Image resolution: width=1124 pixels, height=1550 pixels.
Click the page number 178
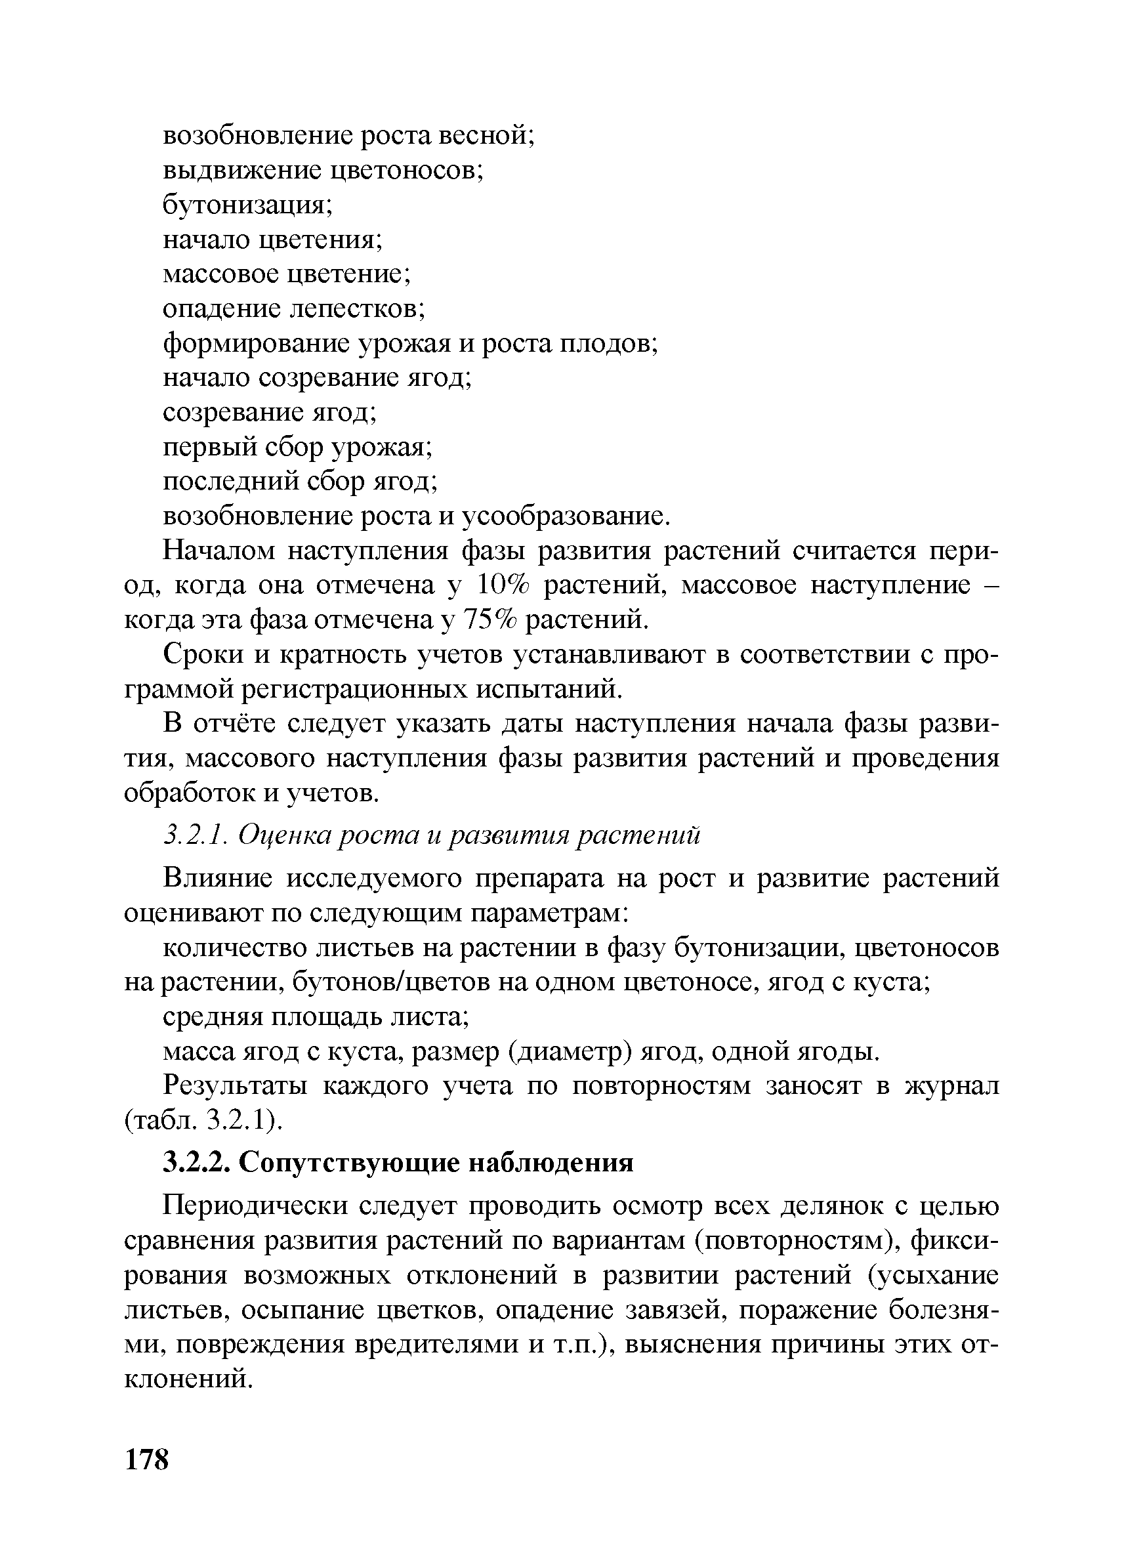click(146, 1457)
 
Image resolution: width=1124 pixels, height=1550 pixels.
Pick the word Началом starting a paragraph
click(219, 551)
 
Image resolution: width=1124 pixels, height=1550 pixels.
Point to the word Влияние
click(219, 878)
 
